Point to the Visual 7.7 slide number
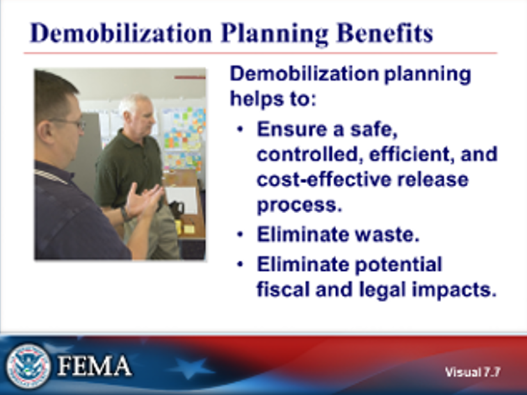coord(473,371)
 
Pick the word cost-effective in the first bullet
coord(314,180)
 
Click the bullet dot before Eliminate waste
coord(240,235)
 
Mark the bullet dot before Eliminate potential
coord(240,264)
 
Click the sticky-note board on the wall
coord(182,131)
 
